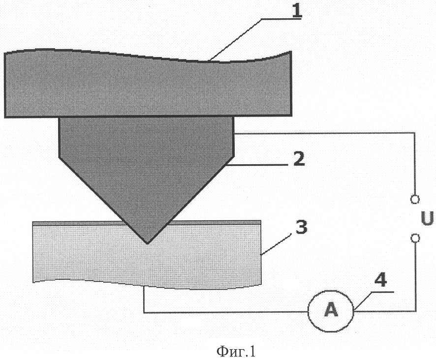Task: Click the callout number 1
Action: tap(297, 10)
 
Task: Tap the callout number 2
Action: tap(299, 159)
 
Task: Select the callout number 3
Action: tap(301, 227)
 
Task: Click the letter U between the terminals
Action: tap(427, 218)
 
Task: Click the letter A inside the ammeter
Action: tap(331, 310)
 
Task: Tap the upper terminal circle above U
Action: tap(415, 199)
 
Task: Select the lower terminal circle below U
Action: tap(415, 238)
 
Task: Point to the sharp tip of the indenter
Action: tap(148, 244)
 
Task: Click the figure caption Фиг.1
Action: tap(236, 351)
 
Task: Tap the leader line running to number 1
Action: tap(250, 39)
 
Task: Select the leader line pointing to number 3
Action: tap(275, 244)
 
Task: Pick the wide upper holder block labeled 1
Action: tap(148, 84)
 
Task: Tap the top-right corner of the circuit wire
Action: tap(414, 133)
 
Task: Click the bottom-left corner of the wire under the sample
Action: tap(144, 312)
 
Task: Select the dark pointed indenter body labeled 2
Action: tap(147, 167)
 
